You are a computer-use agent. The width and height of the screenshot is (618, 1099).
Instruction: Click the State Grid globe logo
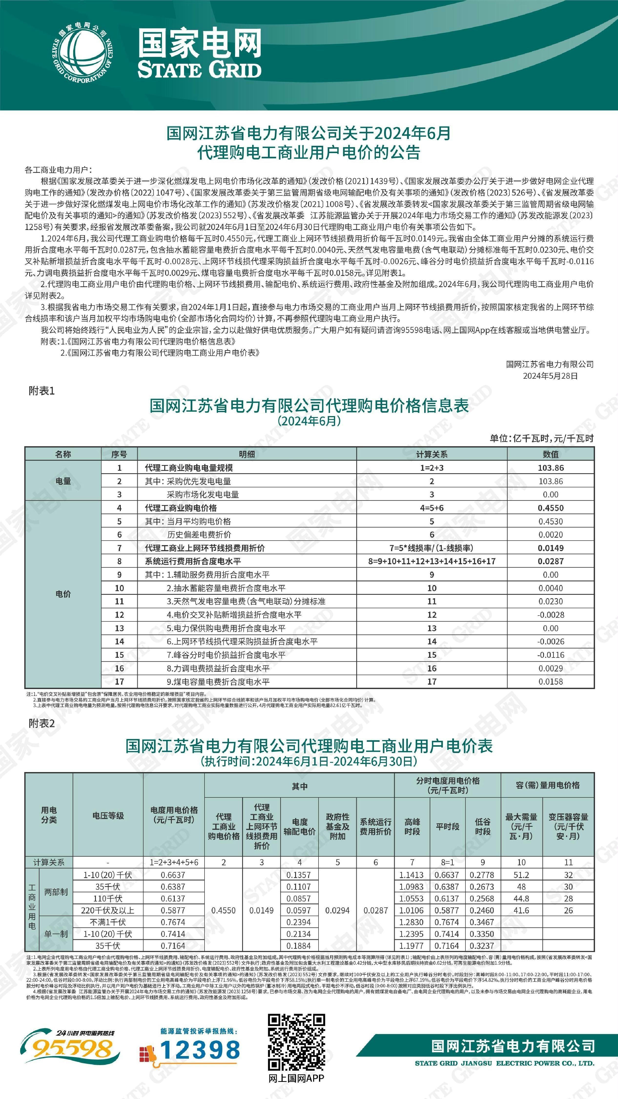pos(83,55)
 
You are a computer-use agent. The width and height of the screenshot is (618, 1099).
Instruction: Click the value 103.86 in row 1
pos(550,468)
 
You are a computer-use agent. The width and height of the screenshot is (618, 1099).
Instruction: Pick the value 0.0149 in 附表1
pos(550,548)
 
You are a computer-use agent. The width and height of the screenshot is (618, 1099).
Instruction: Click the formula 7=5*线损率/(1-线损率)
pos(432,548)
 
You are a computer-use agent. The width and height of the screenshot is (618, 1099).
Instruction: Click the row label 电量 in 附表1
pos(63,481)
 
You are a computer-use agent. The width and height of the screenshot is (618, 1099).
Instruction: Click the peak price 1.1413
pos(412,875)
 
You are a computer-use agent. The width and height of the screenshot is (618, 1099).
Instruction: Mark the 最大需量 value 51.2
pos(521,875)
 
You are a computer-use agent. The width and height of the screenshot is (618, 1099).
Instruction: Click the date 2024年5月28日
pos(550,376)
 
